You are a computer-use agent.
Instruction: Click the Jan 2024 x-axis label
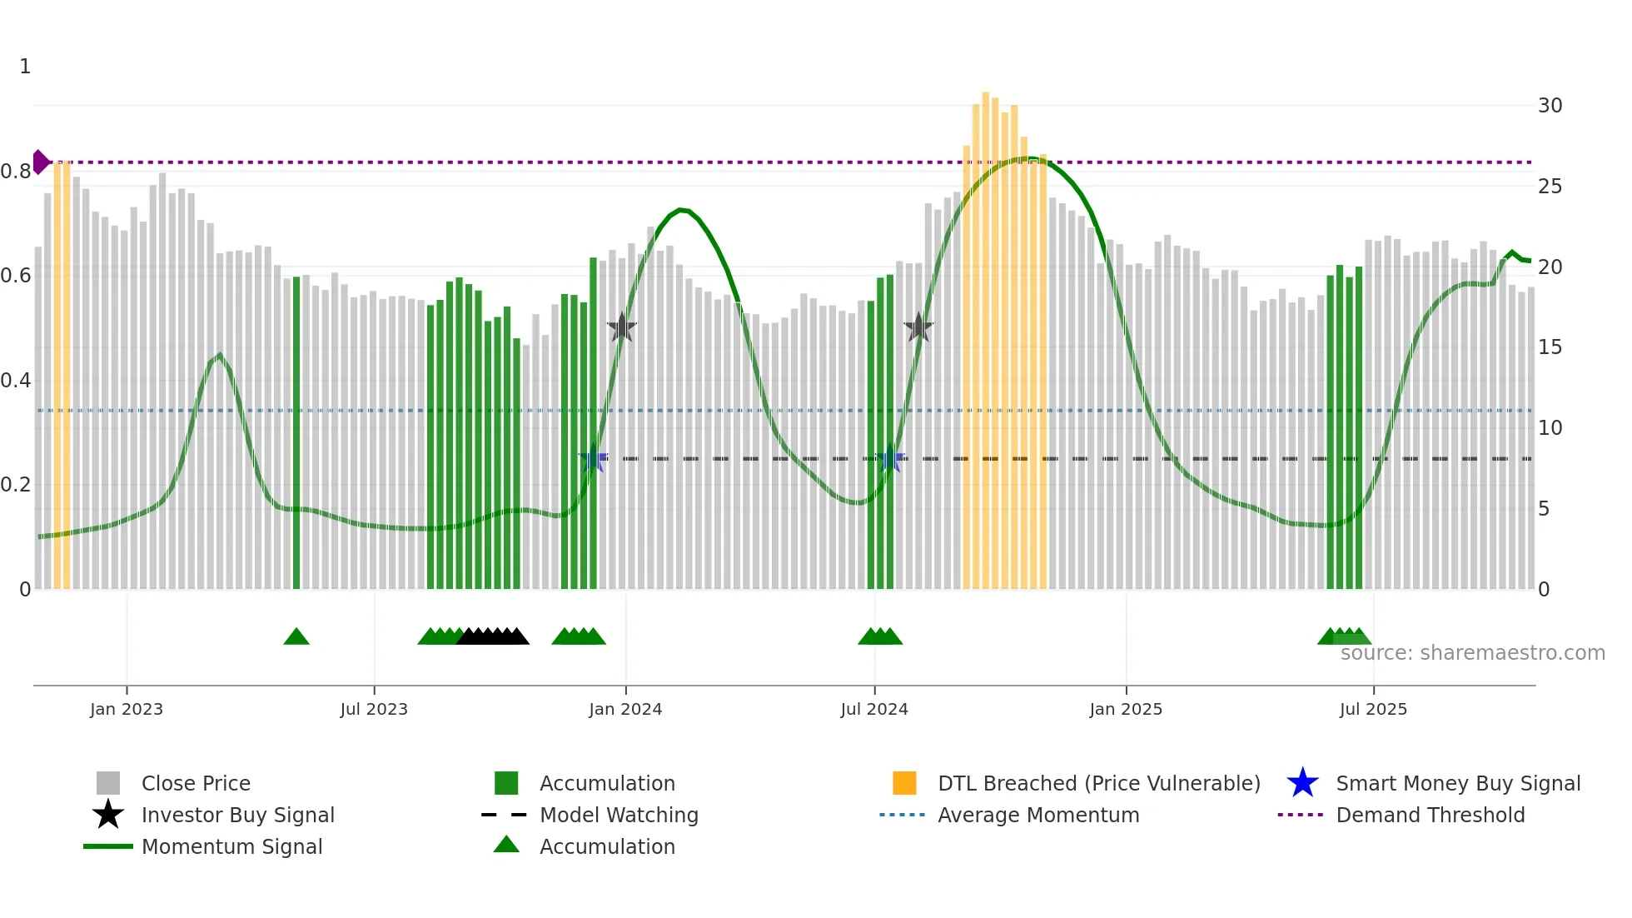625,709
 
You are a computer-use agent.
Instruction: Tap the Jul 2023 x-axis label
374,709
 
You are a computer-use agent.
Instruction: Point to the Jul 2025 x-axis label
1373,709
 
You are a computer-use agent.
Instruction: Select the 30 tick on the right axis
1550,106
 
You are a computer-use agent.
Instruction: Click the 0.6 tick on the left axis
16,276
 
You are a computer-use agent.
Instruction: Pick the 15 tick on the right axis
1550,347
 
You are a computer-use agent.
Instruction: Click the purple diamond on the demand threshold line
40,162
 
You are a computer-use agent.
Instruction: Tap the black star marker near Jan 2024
621,328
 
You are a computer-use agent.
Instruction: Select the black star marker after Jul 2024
918,328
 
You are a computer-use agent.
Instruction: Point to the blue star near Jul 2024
890,459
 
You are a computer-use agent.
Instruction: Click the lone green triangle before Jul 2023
296,637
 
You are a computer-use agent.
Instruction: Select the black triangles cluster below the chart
493,637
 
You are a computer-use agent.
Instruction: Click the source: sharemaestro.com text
1472,653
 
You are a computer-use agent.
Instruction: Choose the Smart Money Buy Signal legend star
1302,783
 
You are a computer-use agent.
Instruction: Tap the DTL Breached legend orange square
904,783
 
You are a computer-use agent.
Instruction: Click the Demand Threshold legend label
1430,815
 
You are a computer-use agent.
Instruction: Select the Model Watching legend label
619,815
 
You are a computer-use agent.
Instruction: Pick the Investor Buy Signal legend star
108,815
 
